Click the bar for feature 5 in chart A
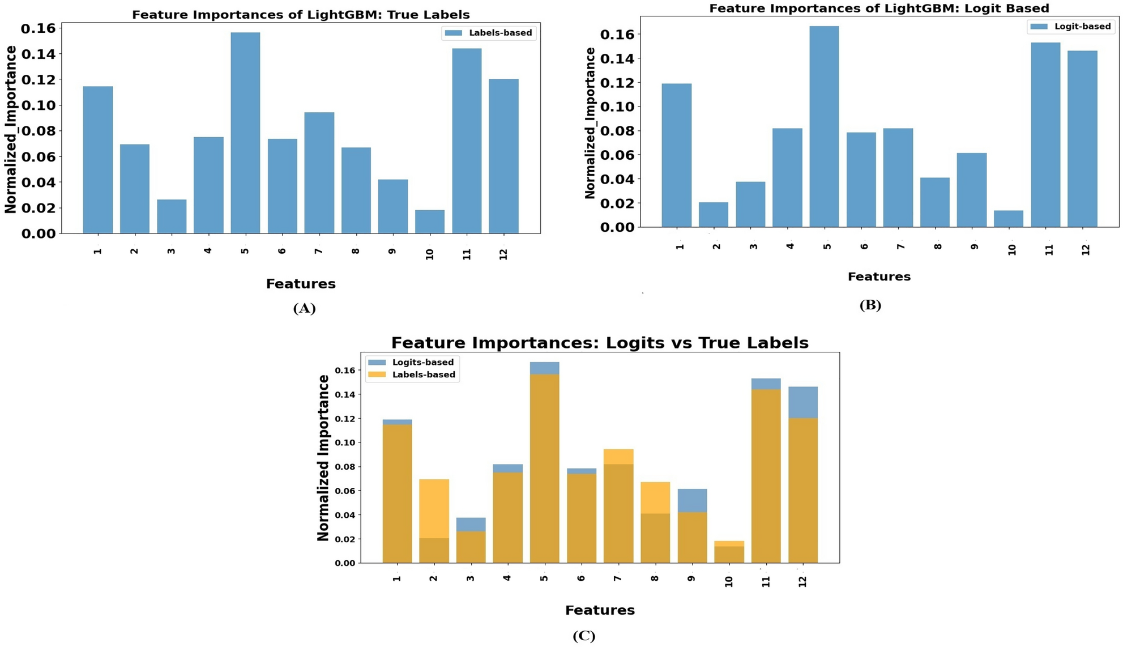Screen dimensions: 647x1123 coord(245,133)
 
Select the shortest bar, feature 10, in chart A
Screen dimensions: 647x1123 coord(429,222)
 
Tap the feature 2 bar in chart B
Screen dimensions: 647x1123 coord(713,215)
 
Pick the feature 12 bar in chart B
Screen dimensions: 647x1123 coord(1082,139)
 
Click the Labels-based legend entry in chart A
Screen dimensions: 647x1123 coord(488,33)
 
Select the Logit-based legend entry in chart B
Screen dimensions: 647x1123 coord(1070,27)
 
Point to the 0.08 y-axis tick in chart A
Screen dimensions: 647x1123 coord(38,131)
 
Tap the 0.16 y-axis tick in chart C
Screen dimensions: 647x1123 coord(344,371)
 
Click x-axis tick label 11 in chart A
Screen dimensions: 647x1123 coord(467,254)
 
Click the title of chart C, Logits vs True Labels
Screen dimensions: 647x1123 coord(599,343)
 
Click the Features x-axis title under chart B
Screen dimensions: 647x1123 coord(878,276)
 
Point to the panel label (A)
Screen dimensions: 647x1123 coord(304,308)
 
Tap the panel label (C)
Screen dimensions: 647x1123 coord(583,636)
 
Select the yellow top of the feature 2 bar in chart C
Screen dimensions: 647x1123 coord(434,508)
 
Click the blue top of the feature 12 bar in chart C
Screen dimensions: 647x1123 coord(802,402)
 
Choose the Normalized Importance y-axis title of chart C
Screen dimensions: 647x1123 coord(323,457)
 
